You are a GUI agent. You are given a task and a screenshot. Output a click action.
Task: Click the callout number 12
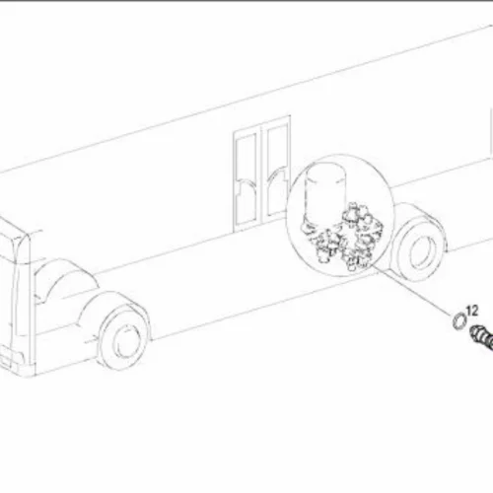tap(472, 311)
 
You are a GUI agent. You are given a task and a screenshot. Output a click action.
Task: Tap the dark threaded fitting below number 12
tap(482, 337)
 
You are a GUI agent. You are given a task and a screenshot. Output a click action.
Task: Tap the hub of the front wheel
tap(125, 341)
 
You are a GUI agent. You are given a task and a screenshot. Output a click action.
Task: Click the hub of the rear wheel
tap(421, 252)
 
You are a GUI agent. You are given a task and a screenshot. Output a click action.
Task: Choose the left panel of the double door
tap(246, 179)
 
